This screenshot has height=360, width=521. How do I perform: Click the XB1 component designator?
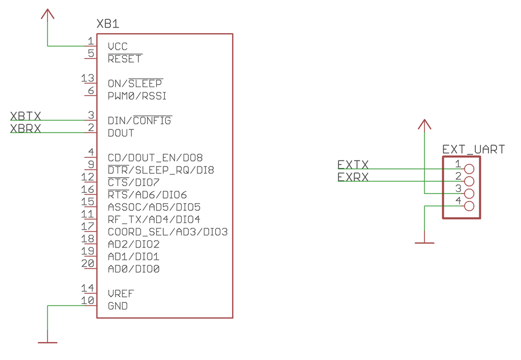point(108,24)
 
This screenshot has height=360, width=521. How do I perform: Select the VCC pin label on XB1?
point(118,47)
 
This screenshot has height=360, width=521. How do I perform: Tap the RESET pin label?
point(125,59)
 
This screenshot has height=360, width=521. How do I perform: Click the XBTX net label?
point(25,116)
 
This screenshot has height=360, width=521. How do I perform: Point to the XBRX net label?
point(25,128)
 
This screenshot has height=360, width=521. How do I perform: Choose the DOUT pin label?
point(121,133)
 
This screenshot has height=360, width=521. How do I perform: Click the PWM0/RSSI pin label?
point(137,96)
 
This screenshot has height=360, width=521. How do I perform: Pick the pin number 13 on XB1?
point(88,78)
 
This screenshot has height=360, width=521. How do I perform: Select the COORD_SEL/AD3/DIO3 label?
point(167,232)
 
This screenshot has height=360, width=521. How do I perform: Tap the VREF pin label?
point(121,294)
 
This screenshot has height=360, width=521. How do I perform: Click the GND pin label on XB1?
point(118,307)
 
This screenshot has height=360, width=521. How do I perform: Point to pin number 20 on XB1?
point(88,264)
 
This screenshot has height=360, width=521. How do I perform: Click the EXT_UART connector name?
point(473,150)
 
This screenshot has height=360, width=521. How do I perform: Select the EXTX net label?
point(353,165)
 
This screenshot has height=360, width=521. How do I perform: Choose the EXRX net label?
point(353,177)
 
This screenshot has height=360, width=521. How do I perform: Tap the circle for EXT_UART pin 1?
point(469,169)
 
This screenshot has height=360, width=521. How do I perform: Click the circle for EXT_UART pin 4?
point(469,206)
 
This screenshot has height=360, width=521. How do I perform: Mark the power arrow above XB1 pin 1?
point(48,14)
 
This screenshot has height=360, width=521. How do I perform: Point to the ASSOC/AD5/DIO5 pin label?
point(154,207)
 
